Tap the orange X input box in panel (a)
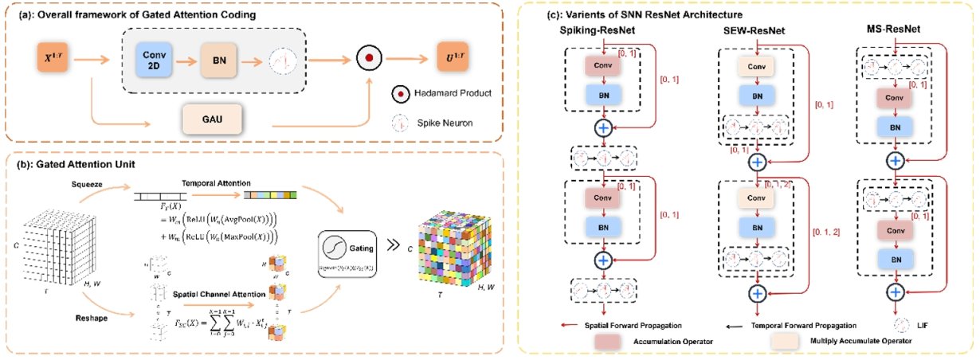click(x=52, y=58)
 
